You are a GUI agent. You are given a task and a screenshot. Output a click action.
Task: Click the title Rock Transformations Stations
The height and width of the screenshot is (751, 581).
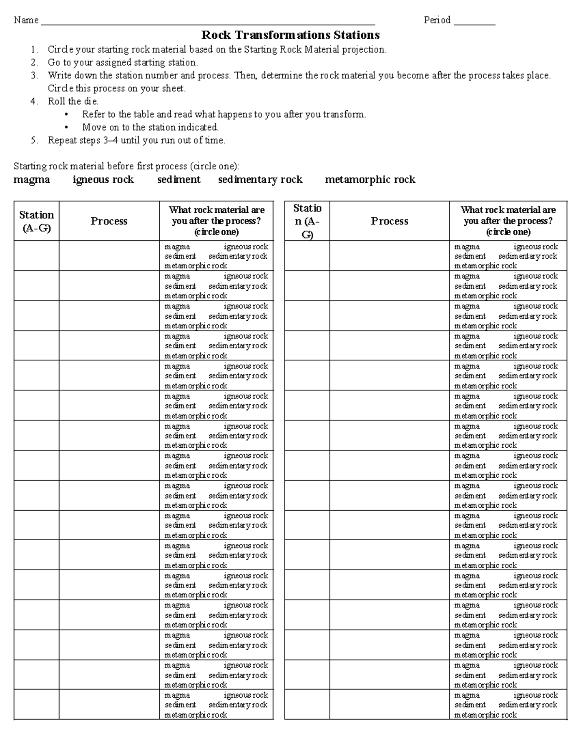tap(290, 35)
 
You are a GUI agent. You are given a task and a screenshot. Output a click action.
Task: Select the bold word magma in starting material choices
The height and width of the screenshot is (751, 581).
tap(31, 179)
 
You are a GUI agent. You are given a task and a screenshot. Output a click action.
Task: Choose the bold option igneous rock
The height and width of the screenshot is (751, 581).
tap(103, 179)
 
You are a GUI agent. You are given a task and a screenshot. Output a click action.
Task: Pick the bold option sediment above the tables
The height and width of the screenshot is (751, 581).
tap(179, 179)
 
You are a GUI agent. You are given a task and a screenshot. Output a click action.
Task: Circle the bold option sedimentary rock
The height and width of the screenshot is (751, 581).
tap(260, 179)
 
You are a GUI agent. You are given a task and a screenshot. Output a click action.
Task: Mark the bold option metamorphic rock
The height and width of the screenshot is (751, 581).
tap(370, 179)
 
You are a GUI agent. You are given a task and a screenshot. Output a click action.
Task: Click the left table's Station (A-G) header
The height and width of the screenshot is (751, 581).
tap(36, 221)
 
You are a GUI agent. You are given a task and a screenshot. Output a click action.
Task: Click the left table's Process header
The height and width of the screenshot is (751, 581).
tap(109, 221)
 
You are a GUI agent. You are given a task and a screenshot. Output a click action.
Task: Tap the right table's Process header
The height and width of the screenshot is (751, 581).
tap(389, 221)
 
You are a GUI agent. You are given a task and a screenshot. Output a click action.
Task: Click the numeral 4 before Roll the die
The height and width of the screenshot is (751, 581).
tap(33, 102)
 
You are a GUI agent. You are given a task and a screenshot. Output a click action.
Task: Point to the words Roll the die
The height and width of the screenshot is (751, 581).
tap(73, 102)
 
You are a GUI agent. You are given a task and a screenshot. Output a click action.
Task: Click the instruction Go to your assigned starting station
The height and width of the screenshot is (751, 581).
tap(122, 62)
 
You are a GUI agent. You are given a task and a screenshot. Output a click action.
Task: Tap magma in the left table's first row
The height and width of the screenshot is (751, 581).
tap(177, 247)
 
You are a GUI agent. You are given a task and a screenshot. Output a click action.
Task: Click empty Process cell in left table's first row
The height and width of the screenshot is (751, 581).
tap(109, 256)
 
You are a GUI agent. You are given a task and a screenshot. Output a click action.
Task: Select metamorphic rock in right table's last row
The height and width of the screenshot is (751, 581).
tap(485, 715)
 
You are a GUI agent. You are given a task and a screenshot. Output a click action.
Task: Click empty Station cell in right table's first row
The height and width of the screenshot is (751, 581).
tap(307, 256)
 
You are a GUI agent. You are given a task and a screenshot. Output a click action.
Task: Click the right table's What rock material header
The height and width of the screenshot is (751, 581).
tap(508, 221)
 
